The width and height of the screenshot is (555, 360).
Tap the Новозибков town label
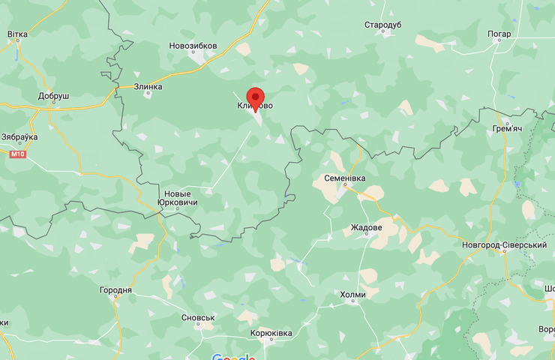tap(193, 46)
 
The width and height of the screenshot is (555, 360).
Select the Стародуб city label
tap(383, 25)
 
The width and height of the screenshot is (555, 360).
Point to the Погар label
tap(499, 34)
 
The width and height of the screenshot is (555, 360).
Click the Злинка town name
tap(148, 86)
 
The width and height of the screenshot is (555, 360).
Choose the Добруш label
tap(53, 97)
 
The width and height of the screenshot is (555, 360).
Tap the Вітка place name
tap(17, 34)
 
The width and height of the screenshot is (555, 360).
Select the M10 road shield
tap(17, 154)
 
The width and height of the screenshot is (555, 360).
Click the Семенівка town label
tap(343, 178)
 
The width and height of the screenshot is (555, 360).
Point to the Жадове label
tap(366, 227)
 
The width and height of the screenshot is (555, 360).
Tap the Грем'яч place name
tap(507, 129)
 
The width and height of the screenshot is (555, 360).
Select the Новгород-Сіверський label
tap(504, 245)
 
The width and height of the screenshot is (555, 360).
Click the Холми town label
tap(352, 295)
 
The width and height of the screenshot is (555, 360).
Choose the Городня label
tap(115, 290)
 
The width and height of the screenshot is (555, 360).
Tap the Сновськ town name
tap(198, 317)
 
